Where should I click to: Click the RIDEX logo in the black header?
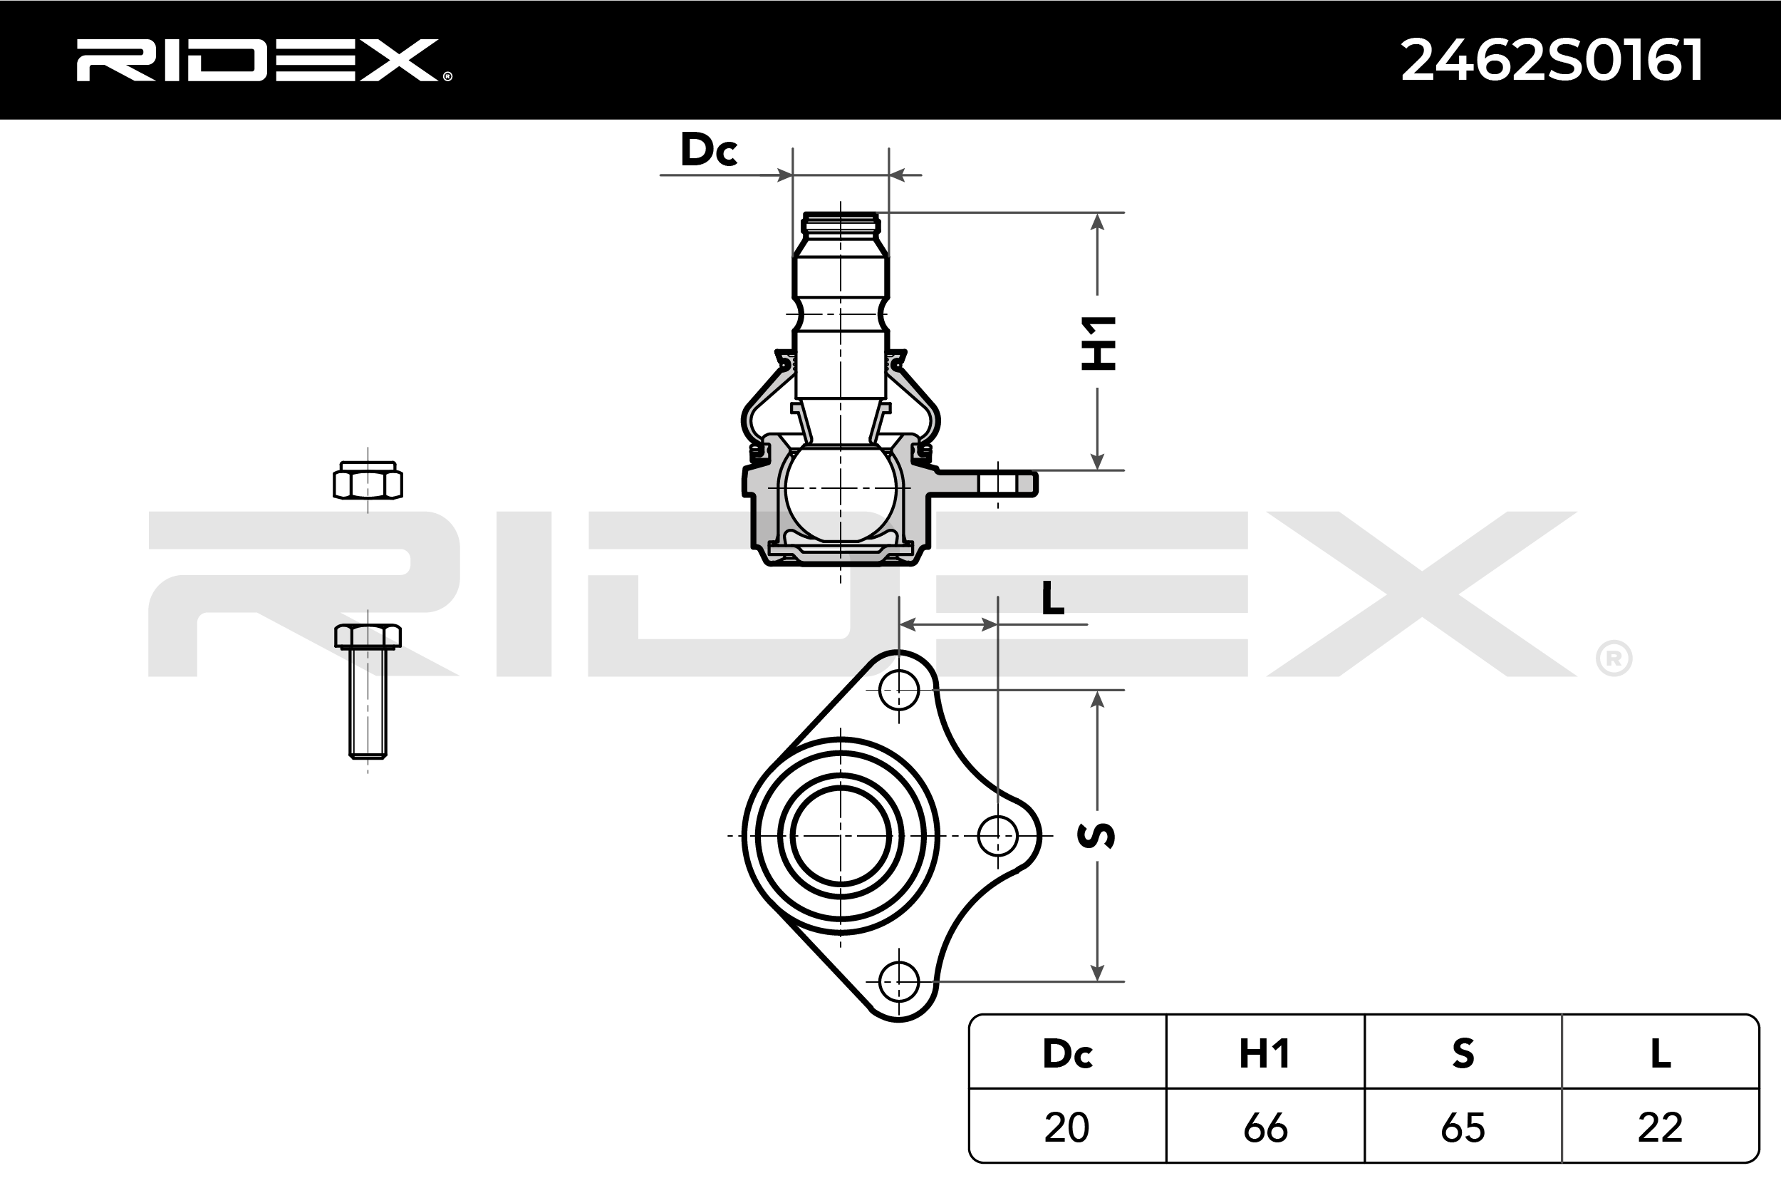point(264,60)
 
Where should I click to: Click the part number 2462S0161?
point(1552,61)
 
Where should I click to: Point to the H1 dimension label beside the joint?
point(1098,344)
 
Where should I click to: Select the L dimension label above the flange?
point(1052,599)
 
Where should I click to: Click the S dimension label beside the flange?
point(1096,835)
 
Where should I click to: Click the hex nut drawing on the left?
point(368,480)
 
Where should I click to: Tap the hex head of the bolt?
point(368,636)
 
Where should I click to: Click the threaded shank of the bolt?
point(368,703)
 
